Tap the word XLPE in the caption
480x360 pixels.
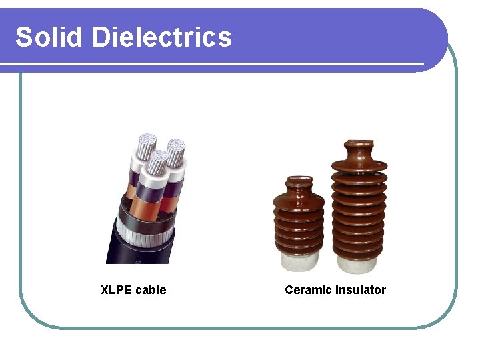[116, 290]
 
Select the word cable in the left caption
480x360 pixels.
[150, 290]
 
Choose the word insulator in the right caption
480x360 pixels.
[361, 290]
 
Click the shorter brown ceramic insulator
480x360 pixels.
[299, 220]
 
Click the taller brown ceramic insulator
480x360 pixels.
[359, 207]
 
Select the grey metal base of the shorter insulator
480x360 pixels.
[299, 259]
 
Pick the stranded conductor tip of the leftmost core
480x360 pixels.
[145, 144]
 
